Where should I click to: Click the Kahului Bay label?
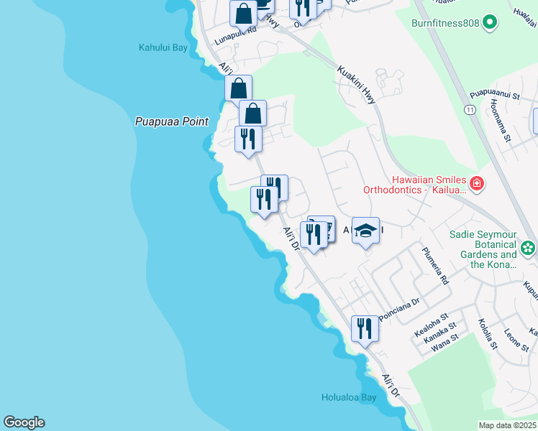[163, 48]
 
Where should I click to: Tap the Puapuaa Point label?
[172, 121]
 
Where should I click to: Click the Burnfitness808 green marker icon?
[491, 23]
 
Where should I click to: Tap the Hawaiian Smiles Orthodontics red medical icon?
[477, 185]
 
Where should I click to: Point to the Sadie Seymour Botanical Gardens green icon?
[529, 249]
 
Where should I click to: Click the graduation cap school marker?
[366, 231]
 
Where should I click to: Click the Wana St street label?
[444, 346]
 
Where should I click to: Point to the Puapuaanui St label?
[494, 94]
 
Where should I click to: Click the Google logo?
[24, 422]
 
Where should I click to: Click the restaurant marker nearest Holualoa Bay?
[364, 329]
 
